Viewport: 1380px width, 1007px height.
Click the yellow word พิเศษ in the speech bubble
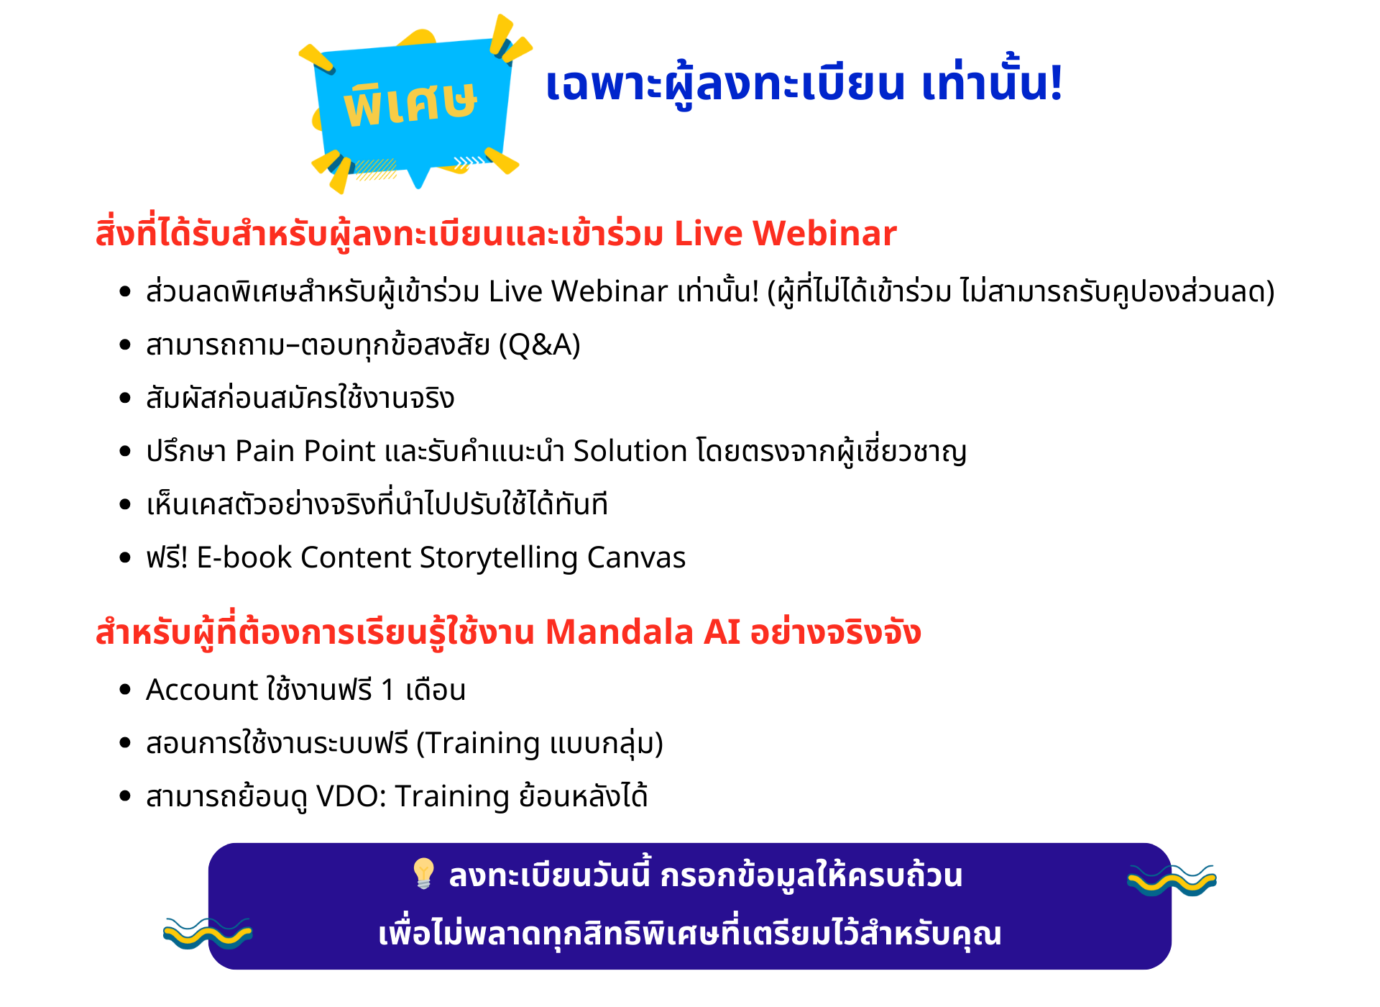point(410,104)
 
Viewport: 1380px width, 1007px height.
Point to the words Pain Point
point(305,451)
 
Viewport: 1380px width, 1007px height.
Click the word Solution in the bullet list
point(630,451)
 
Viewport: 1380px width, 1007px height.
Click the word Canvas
point(636,557)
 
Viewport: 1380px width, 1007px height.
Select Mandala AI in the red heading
point(643,632)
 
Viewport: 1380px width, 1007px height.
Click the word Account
point(202,690)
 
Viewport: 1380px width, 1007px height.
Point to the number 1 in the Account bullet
point(388,691)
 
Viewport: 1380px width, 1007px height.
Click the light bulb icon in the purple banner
point(423,873)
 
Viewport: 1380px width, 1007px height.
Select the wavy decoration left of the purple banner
point(208,933)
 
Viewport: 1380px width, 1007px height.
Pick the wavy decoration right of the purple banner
point(1172,880)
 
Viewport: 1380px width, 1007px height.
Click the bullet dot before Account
point(125,690)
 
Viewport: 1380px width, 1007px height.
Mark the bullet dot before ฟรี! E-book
point(125,557)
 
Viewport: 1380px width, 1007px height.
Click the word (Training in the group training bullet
point(479,744)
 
